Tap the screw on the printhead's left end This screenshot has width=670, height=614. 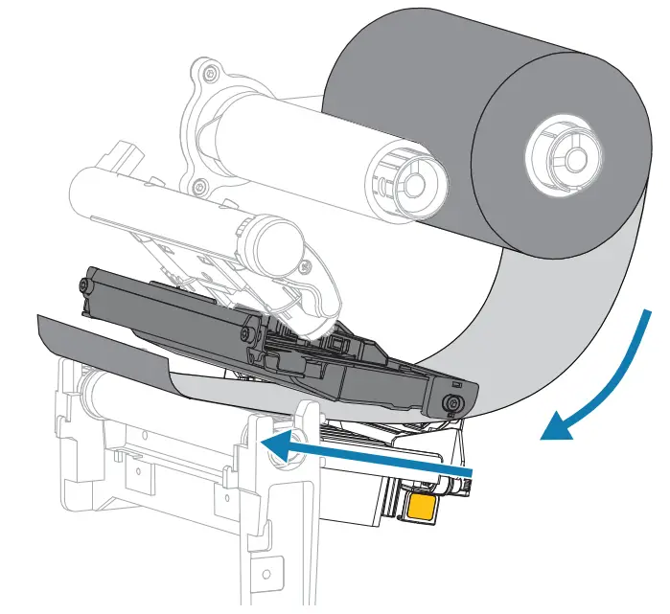[x=86, y=286]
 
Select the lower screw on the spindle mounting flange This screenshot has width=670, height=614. [x=198, y=186]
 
